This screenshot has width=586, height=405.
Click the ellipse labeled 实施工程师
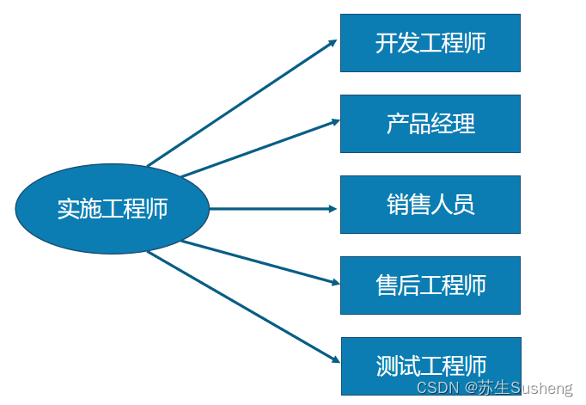tap(113, 209)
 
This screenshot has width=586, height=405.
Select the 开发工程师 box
tap(430, 42)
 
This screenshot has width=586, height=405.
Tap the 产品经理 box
tap(430, 123)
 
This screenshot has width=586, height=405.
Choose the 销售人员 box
tap(430, 204)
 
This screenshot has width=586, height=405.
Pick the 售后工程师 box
tap(430, 285)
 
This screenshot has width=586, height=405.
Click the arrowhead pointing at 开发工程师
tap(333, 43)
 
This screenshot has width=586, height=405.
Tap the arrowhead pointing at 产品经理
tap(333, 121)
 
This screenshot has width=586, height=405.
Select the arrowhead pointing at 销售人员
tap(333, 208)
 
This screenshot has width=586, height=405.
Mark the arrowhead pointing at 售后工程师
tap(333, 282)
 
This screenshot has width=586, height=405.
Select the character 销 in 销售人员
tap(397, 204)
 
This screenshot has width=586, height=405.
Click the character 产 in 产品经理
tap(397, 123)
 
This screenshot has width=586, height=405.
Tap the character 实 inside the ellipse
tap(68, 209)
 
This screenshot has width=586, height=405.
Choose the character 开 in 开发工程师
tap(386, 42)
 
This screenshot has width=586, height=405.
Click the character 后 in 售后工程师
tap(408, 285)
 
